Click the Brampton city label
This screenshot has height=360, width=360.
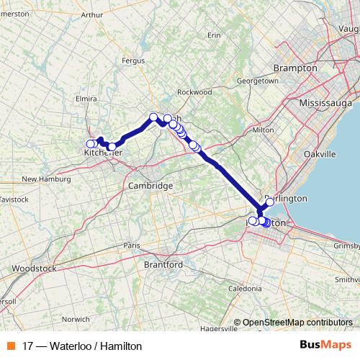tap(295, 68)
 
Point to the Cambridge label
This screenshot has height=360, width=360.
tap(150, 186)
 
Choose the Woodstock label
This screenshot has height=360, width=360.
tap(33, 269)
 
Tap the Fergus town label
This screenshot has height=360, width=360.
tap(134, 61)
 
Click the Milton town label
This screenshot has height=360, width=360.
tap(264, 130)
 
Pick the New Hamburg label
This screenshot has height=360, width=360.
tap(45, 179)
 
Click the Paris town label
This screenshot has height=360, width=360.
tap(130, 245)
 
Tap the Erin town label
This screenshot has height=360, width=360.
tap(213, 35)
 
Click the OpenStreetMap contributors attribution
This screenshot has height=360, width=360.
tap(297, 323)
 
